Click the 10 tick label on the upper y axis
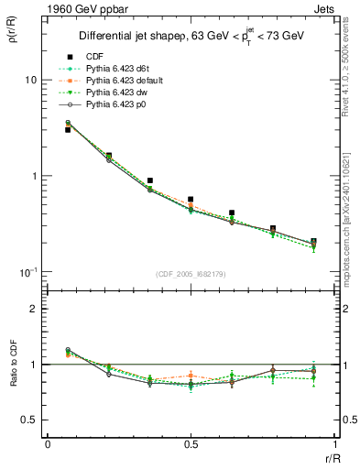click(30, 80)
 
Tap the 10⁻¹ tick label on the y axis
click(27, 272)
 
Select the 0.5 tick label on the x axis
click(191, 444)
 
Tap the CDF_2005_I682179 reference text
click(191, 274)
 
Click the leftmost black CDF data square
click(68, 130)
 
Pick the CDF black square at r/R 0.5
click(191, 199)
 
